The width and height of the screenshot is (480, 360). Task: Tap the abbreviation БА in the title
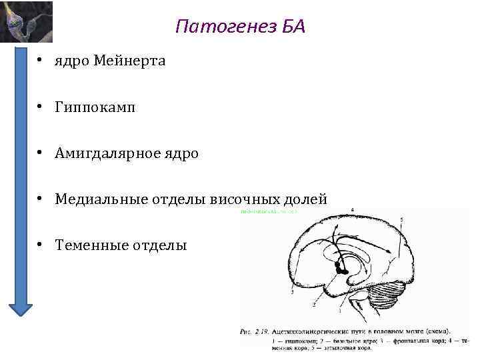click(290, 27)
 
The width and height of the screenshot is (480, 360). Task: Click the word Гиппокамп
click(95, 107)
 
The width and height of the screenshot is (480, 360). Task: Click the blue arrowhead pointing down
click(20, 306)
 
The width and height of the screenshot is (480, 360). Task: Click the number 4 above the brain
click(351, 211)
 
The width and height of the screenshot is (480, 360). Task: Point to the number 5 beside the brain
click(401, 219)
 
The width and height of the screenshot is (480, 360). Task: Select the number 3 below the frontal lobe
click(292, 292)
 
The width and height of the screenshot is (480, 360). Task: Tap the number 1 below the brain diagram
click(340, 311)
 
